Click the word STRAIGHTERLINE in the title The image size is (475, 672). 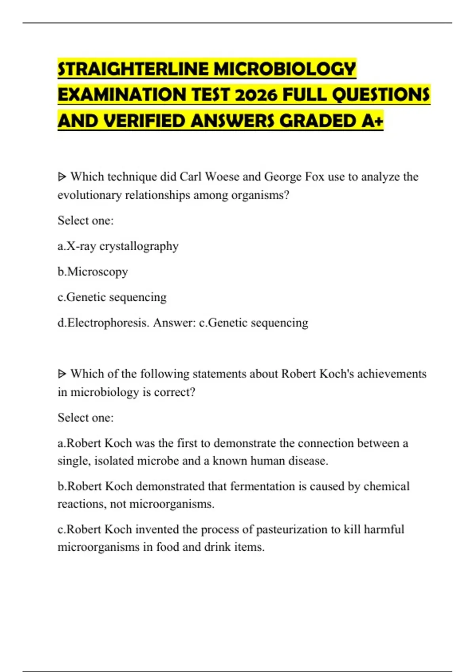coord(133,69)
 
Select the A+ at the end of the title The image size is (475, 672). coord(372,121)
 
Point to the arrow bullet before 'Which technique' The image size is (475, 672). coord(62,177)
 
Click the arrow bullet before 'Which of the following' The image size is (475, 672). coord(62,374)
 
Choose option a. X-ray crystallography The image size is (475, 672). coord(118,246)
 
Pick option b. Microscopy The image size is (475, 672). coord(93,272)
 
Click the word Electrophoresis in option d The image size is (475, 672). coord(108,323)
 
